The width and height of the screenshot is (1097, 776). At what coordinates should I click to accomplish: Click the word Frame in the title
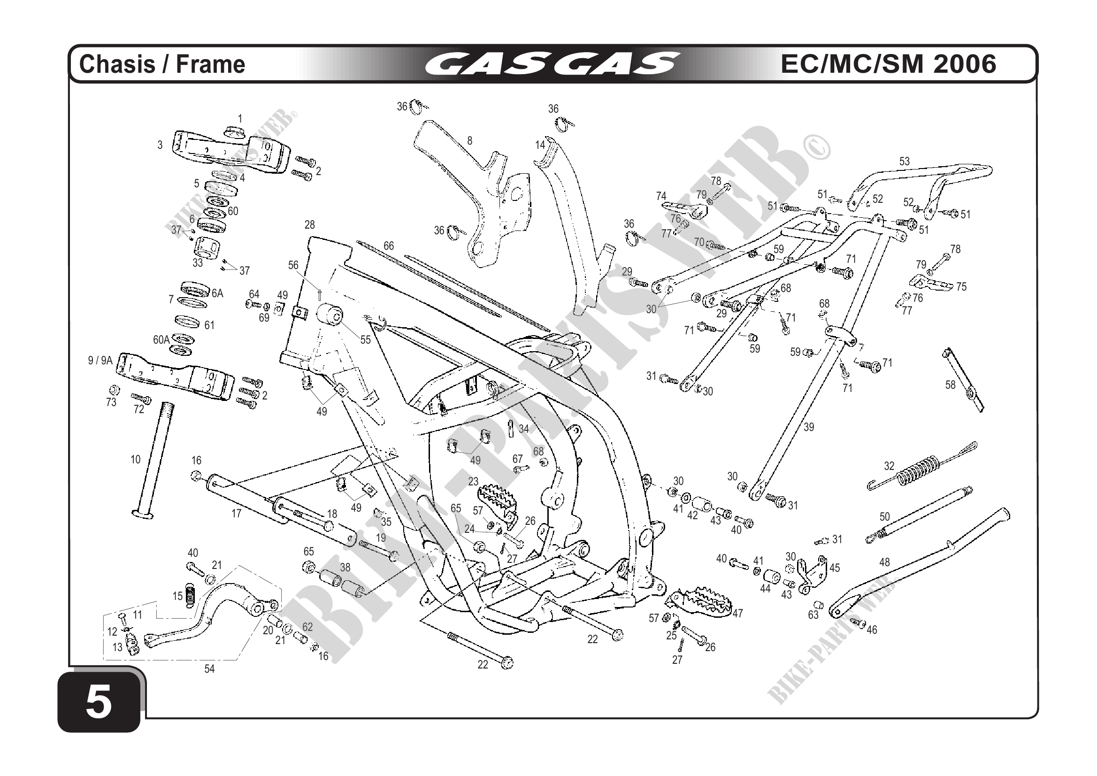pos(211,64)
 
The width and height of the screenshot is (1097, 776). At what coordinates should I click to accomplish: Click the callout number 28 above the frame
pos(310,224)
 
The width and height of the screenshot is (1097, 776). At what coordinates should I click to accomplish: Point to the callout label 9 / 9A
pos(100,360)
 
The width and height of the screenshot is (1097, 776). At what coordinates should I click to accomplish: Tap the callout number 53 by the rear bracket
pos(905,161)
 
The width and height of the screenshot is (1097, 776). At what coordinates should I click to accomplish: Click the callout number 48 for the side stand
pos(884,562)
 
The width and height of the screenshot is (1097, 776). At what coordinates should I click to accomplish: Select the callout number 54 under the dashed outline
pos(209,669)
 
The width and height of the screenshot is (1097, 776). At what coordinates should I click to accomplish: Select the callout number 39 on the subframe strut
pos(808,427)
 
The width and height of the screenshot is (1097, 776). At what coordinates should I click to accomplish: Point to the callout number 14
pos(540,145)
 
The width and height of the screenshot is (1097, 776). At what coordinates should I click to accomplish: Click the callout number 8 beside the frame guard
pos(470,140)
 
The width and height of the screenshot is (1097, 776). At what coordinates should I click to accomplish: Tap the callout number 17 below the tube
pos(237,514)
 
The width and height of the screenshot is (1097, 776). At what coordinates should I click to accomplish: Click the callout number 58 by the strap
pos(951,384)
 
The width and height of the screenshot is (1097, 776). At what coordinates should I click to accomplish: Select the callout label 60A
pos(161,340)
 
